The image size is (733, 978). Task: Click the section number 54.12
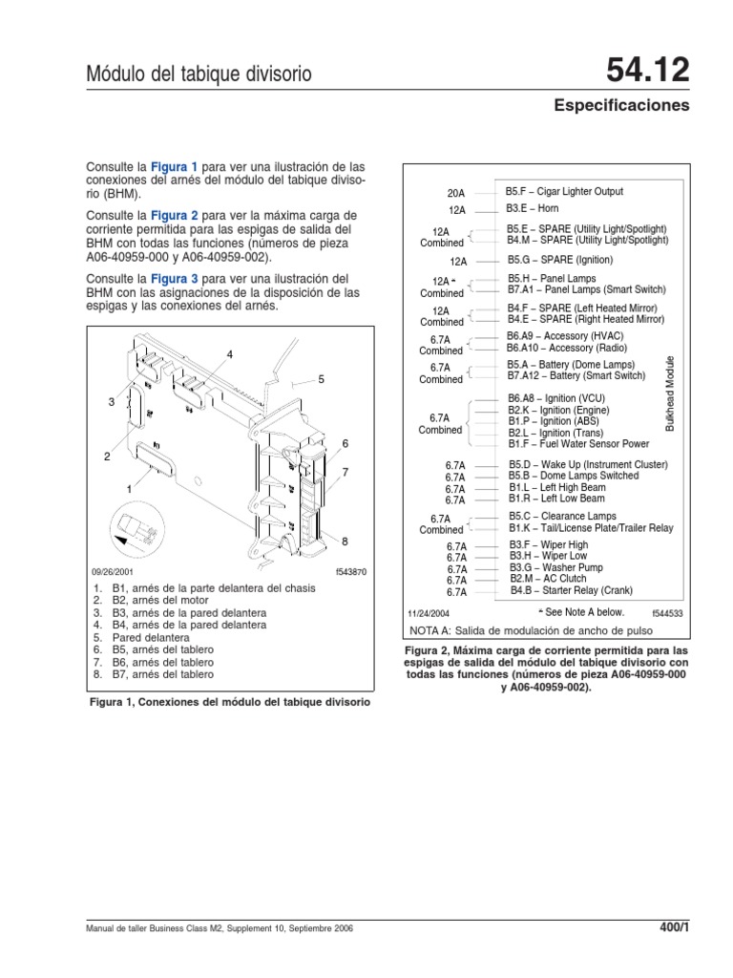click(647, 71)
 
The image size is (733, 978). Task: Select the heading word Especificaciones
click(621, 106)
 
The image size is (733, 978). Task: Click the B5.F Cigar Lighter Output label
click(564, 192)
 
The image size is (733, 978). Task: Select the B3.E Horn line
click(532, 208)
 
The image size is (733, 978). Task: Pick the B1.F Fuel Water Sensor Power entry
click(577, 444)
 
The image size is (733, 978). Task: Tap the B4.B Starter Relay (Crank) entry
click(572, 591)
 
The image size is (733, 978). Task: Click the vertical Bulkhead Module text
click(670, 393)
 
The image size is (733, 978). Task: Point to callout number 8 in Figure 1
click(345, 542)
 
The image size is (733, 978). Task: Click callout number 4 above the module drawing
click(230, 355)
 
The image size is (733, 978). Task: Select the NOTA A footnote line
click(515, 631)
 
